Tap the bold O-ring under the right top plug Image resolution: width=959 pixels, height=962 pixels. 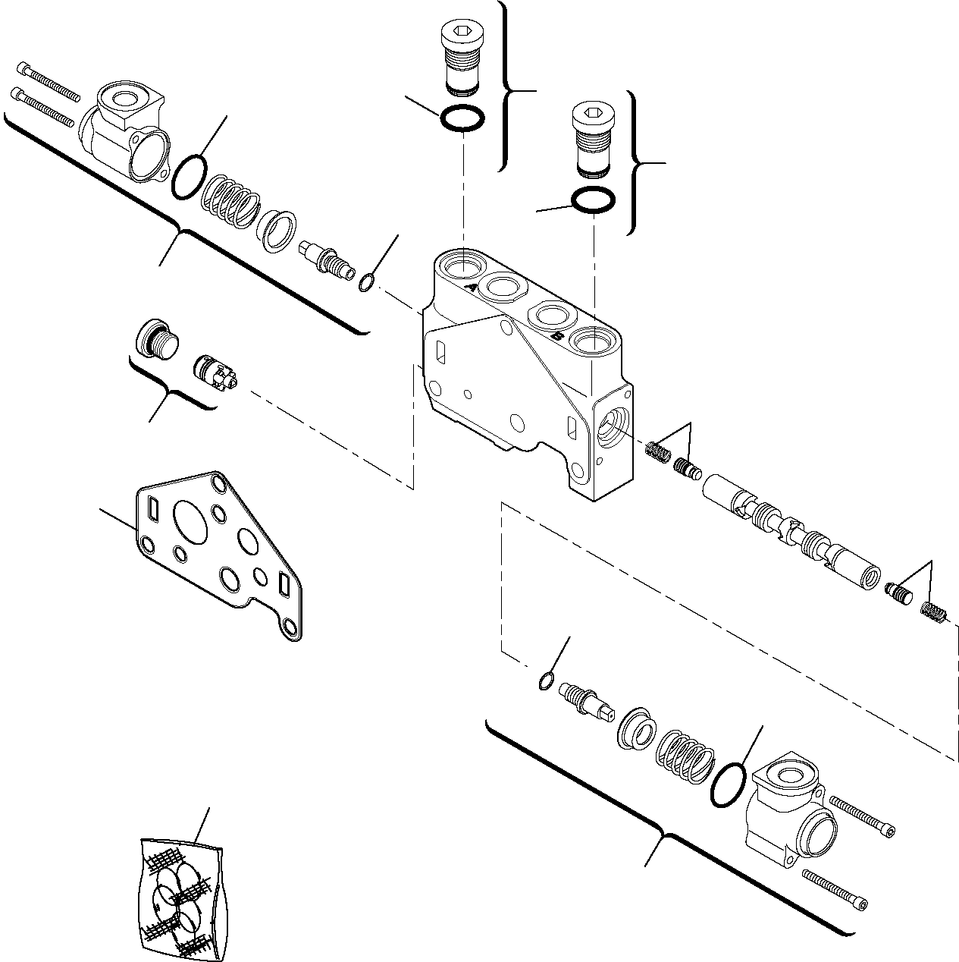593,200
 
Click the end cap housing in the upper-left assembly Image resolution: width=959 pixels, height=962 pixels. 125,129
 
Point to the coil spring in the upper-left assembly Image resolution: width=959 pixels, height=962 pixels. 230,202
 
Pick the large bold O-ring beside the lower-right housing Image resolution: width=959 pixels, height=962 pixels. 729,785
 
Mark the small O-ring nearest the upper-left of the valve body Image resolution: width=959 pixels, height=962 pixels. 366,283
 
